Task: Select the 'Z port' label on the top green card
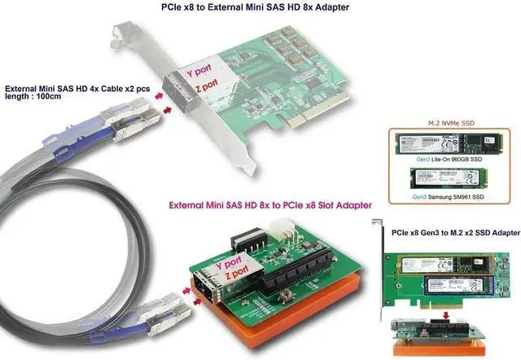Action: pyautogui.click(x=204, y=86)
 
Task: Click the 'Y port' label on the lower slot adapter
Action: pyautogui.click(x=223, y=266)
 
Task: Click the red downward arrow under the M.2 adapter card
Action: pyautogui.click(x=440, y=309)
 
